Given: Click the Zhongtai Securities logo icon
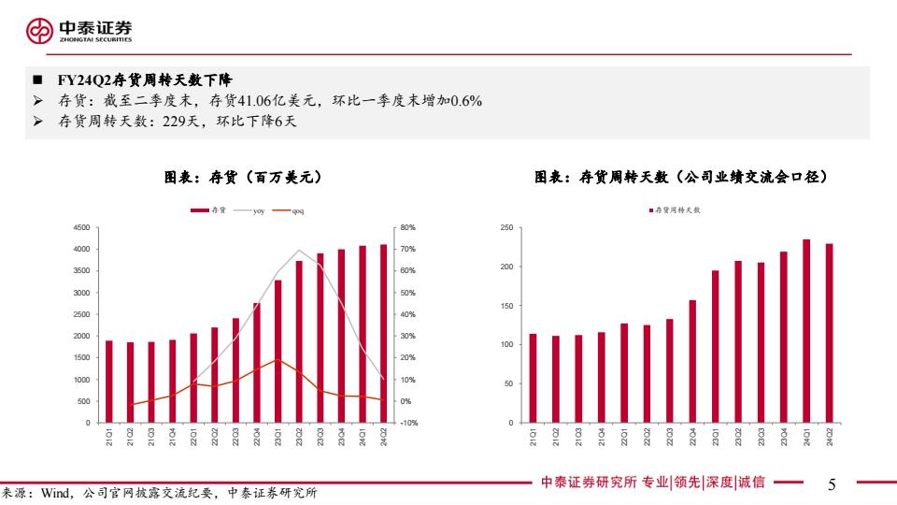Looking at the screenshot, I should (x=40, y=32).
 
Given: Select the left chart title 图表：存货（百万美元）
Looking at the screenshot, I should (x=244, y=177).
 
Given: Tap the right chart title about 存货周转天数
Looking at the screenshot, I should (x=681, y=177).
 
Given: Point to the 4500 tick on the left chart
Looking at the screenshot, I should (x=80, y=227).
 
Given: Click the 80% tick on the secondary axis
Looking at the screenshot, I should (x=408, y=227).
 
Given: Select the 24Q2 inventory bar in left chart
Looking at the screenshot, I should (x=383, y=333).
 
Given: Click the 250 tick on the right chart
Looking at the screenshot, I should (x=507, y=227).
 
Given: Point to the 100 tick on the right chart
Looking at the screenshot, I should (x=507, y=345).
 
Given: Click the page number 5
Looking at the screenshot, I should (x=832, y=483).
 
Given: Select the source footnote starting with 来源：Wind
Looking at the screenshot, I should (x=159, y=493).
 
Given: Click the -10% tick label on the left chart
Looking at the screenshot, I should (x=408, y=424).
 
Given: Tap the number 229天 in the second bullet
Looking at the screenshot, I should (x=181, y=122).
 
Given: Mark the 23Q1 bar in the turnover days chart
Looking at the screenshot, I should (x=716, y=346).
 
